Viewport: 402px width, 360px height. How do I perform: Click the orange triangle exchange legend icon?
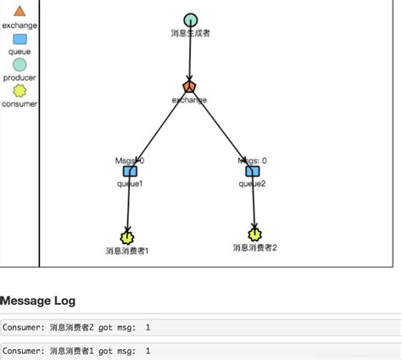(x=20, y=10)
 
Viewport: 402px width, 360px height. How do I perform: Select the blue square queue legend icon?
(x=20, y=39)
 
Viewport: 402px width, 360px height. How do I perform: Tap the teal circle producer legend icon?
(x=20, y=64)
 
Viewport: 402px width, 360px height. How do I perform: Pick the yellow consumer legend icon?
(x=20, y=91)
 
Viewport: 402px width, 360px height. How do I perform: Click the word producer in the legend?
(x=20, y=77)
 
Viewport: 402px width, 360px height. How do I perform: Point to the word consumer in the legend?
(x=20, y=103)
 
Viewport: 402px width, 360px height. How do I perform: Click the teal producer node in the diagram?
(x=190, y=19)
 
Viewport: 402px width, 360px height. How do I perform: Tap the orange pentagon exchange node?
(x=189, y=86)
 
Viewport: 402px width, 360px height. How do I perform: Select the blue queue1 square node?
(x=130, y=171)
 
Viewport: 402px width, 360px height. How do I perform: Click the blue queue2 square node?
(x=252, y=171)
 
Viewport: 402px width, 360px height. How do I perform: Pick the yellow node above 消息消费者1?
(x=128, y=237)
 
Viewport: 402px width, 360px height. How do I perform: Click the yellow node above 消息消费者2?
(x=254, y=234)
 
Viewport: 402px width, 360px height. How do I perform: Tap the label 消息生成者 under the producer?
(x=190, y=33)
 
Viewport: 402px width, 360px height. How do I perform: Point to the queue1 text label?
(x=130, y=183)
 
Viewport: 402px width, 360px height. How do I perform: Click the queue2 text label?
(x=252, y=183)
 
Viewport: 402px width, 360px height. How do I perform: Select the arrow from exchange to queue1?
(x=161, y=127)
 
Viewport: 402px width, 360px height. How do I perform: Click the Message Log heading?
(x=38, y=301)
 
